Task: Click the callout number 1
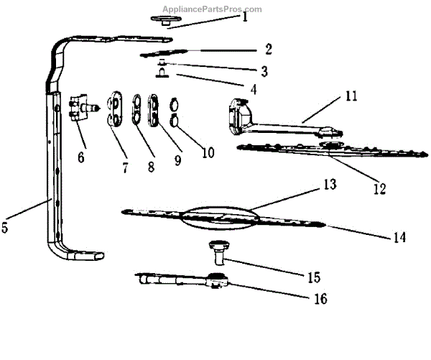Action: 245,17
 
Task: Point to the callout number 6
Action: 80,156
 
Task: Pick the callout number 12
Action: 379,189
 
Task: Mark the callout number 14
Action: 398,237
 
